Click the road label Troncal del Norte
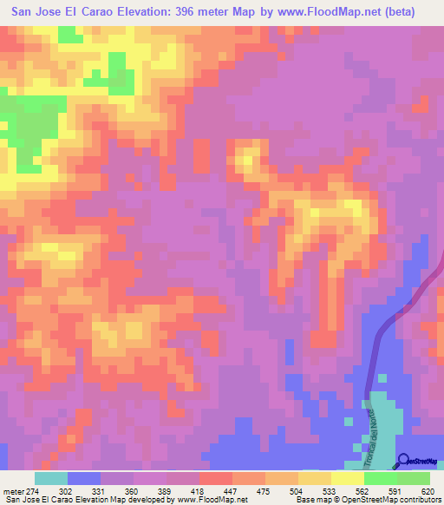point(365,424)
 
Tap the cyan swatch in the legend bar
point(51,478)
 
